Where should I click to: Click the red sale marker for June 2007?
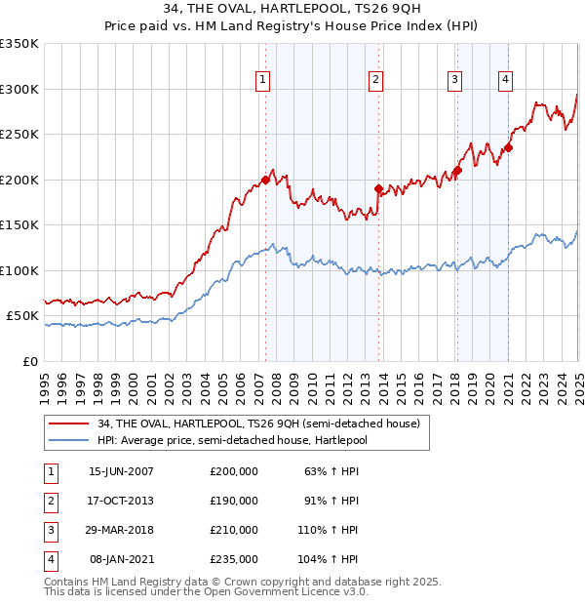[265, 181]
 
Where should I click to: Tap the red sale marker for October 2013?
[378, 189]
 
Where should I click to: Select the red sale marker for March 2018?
[456, 171]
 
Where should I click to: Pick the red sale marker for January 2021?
[508, 148]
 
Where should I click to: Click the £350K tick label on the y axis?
[19, 44]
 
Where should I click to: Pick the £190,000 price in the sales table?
[234, 501]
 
